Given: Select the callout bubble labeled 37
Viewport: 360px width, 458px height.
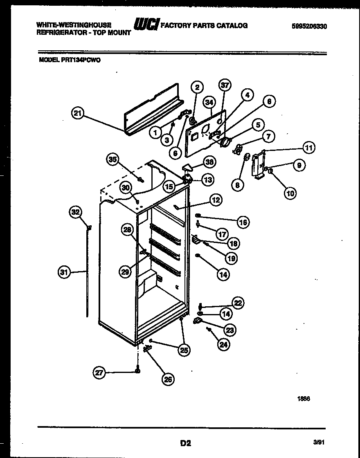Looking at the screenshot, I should pos(225,85).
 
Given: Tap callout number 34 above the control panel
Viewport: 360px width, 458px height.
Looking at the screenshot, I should pos(210,102).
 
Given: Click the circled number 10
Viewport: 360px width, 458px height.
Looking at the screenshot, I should pos(290,193).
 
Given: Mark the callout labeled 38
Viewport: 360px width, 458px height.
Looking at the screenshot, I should pos(210,162).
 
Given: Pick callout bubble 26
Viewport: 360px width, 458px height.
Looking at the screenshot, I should pos(168,379).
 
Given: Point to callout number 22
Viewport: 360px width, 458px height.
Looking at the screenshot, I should pos(238,303).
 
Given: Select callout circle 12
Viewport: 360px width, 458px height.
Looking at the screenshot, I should pos(216,200).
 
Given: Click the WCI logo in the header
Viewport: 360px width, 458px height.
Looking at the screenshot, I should pos(146,25).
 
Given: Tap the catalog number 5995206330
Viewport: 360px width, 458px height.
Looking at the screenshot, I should pos(310,26).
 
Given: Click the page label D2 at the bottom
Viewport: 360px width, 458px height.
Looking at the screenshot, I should pos(185,442).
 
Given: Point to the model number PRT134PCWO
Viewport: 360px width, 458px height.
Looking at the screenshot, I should pos(70,60).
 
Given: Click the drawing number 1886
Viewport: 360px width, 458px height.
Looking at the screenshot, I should pos(303,400).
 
